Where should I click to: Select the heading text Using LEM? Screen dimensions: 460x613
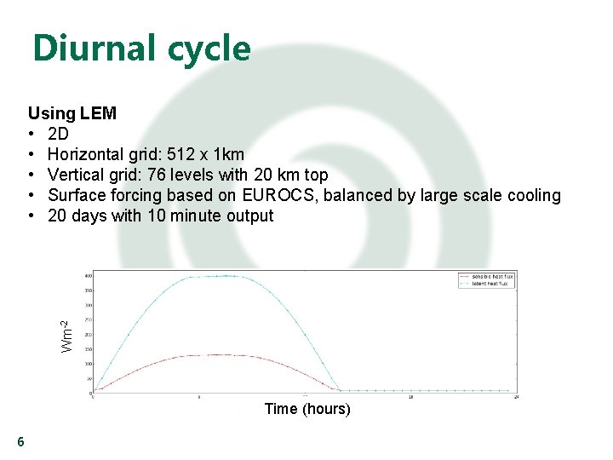[x=72, y=113]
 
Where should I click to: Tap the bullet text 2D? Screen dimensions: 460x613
[x=59, y=134]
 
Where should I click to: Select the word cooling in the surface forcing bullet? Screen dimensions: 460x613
[x=533, y=195]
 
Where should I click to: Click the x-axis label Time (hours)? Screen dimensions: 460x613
[x=307, y=409]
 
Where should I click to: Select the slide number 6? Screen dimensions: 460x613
[x=20, y=441]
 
